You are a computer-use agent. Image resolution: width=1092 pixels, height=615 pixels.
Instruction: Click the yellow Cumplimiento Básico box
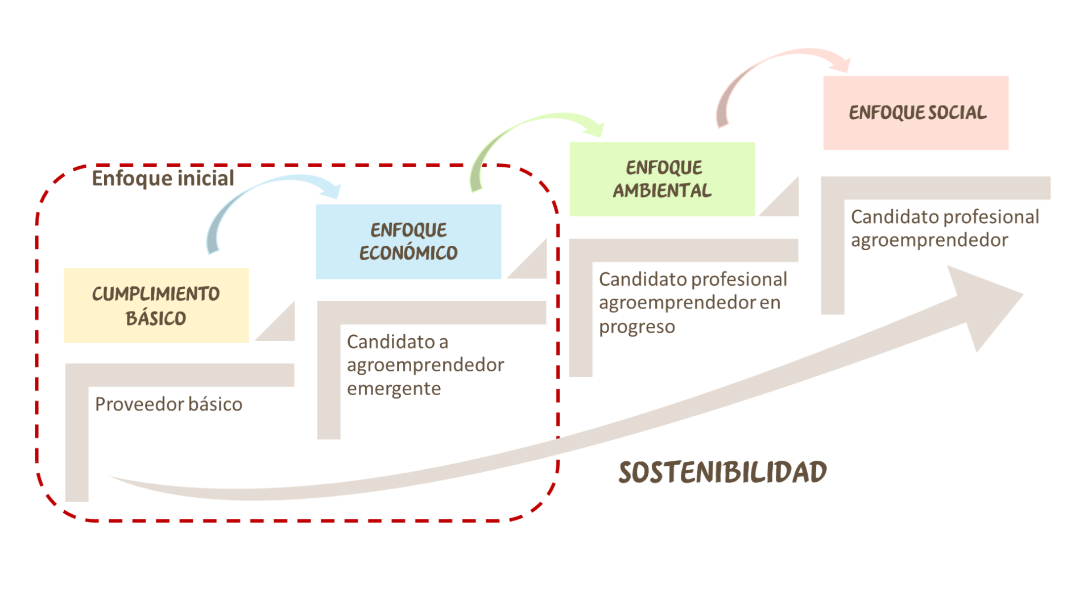[x=156, y=305]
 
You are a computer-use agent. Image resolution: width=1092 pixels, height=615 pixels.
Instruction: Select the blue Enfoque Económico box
[x=408, y=242]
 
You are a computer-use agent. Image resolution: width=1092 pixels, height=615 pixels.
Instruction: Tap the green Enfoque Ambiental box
[x=662, y=179]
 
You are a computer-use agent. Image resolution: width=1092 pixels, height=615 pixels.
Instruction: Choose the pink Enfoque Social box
[x=916, y=113]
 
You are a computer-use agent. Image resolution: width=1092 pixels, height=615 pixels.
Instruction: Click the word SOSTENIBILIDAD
[x=722, y=472]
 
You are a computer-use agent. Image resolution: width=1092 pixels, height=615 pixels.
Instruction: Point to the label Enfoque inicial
[x=163, y=178]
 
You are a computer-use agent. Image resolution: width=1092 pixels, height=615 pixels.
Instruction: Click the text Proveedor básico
[x=168, y=404]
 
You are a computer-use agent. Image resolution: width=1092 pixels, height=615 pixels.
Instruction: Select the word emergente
[x=394, y=388]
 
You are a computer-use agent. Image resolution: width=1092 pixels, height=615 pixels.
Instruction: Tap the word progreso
[x=637, y=327]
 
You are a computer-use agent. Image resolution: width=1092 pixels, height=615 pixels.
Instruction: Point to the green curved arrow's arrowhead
[x=595, y=127]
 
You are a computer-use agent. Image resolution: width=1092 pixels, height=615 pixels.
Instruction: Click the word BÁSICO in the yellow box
[x=156, y=318]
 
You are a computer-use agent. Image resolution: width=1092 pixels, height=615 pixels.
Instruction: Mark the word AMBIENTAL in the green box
[x=662, y=191]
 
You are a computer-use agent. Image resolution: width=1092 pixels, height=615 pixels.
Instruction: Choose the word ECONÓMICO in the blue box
[x=408, y=253]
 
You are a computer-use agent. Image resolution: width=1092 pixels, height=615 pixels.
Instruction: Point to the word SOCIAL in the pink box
[x=958, y=113]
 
